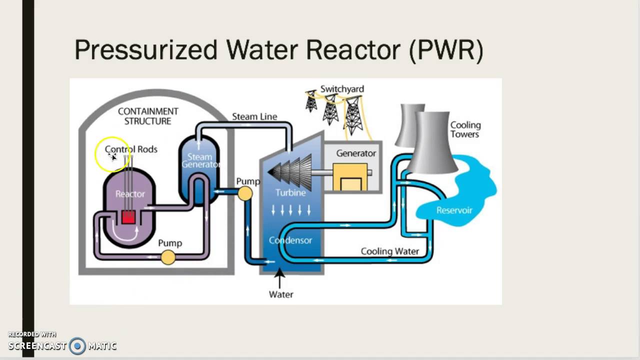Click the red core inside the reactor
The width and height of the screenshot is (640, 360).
128,217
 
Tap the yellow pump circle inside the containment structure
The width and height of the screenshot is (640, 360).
168,257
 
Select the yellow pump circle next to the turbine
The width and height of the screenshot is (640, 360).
245,193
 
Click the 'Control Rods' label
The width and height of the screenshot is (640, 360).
131,149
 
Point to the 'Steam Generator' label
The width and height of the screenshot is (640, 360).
200,160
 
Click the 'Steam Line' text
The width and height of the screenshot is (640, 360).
254,116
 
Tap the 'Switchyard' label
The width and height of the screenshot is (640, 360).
342,89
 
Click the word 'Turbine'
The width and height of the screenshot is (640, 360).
290,192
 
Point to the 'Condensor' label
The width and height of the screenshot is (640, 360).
290,240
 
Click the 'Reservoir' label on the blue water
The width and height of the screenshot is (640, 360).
454,210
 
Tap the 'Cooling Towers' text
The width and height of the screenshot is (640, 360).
465,129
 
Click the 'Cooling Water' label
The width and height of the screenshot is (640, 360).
389,251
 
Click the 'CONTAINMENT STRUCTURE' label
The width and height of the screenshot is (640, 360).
147,116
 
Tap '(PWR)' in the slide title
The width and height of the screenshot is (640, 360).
446,50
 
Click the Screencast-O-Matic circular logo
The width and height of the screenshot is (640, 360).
77,345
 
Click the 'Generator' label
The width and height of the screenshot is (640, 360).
355,153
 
